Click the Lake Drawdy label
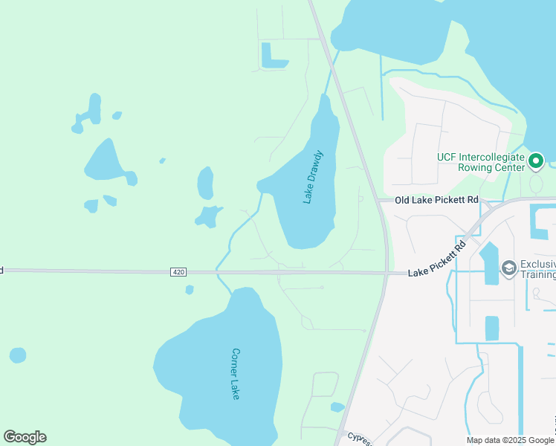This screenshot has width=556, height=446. pos(314,177)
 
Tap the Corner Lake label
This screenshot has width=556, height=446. pos(236,373)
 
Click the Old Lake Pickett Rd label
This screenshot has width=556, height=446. pos(436,200)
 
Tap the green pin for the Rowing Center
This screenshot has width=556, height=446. pos(537,160)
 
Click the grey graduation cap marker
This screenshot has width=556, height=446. pos(509,268)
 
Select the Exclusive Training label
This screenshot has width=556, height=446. pos(537,269)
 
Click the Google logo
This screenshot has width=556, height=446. pos(25,437)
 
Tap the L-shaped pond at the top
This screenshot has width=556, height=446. pos(272,58)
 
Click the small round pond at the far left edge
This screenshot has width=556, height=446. pos(18,355)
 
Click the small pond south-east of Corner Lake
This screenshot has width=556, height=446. pos(337,407)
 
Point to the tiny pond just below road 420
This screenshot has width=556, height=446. pos(190,289)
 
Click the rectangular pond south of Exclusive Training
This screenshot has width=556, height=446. pos(492,328)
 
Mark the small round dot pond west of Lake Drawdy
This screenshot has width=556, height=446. pos(162,160)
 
